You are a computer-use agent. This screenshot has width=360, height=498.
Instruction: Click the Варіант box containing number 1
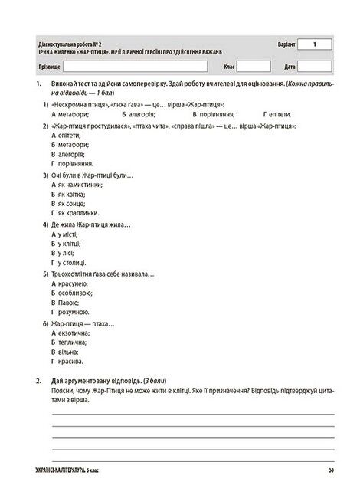point(314,46)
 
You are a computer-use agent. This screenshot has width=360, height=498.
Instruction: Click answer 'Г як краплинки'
point(79,213)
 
